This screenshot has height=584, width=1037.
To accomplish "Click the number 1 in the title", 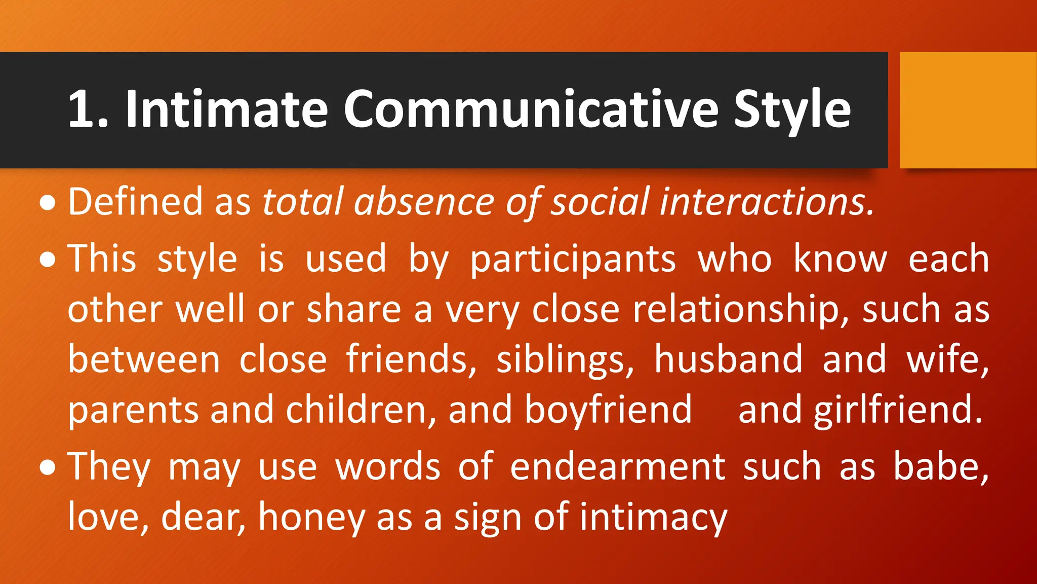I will pos(82,109).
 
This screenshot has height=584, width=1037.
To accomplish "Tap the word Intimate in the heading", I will pos(226,109).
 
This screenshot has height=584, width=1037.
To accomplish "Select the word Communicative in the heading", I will pos(531,109).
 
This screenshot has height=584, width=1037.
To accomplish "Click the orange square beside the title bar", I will pos(968,110).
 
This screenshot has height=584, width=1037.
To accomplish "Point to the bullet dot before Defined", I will pos(48,203).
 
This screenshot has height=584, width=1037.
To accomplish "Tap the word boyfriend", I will pos(608,410).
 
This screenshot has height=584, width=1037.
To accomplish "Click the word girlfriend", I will pos(898,410).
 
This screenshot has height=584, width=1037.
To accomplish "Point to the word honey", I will pos(312,518).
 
